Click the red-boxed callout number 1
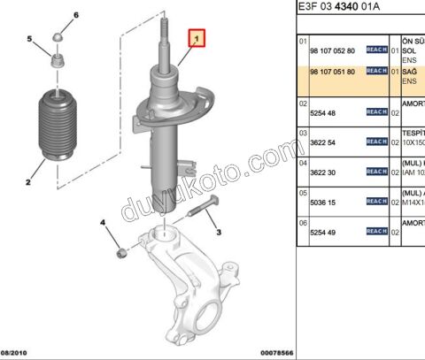pos(198,39)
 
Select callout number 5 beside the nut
pos(30,39)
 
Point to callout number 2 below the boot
pos(27,183)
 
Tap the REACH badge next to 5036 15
pos(376,202)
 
